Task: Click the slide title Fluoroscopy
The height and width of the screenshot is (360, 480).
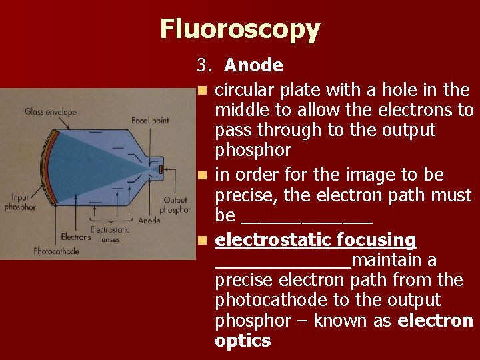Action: (240, 29)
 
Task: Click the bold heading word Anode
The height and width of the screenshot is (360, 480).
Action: (253, 65)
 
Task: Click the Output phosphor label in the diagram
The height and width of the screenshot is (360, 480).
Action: (175, 205)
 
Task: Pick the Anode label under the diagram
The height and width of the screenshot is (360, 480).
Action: (149, 221)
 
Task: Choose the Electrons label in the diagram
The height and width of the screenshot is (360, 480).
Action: (75, 236)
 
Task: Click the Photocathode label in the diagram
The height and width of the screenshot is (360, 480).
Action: (56, 251)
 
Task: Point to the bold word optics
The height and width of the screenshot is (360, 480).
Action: (243, 341)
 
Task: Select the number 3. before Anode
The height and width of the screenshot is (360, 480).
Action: (203, 65)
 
